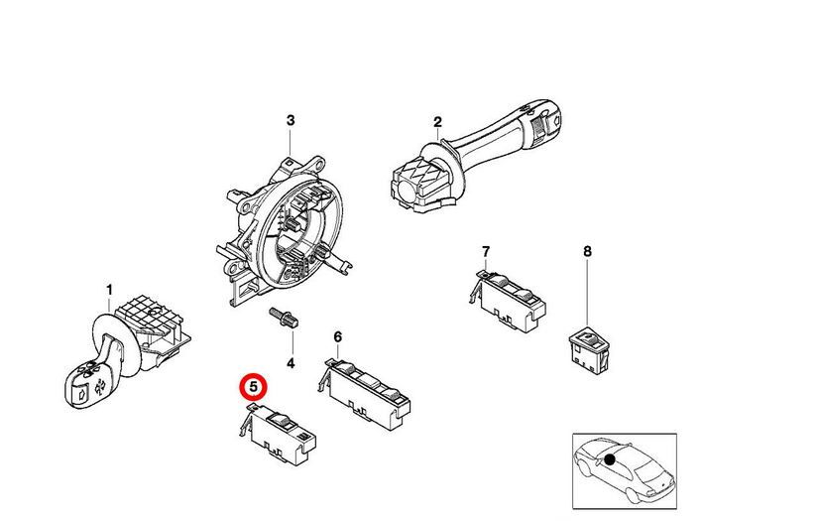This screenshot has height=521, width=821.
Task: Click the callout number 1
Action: [110, 290]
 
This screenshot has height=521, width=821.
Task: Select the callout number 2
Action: [436, 123]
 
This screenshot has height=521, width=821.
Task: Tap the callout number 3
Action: [291, 120]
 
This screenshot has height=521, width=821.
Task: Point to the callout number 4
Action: [291, 363]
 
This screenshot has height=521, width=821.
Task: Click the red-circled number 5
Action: [254, 385]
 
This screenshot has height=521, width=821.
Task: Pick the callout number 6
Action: [337, 337]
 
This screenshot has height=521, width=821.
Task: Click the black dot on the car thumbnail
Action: [611, 459]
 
